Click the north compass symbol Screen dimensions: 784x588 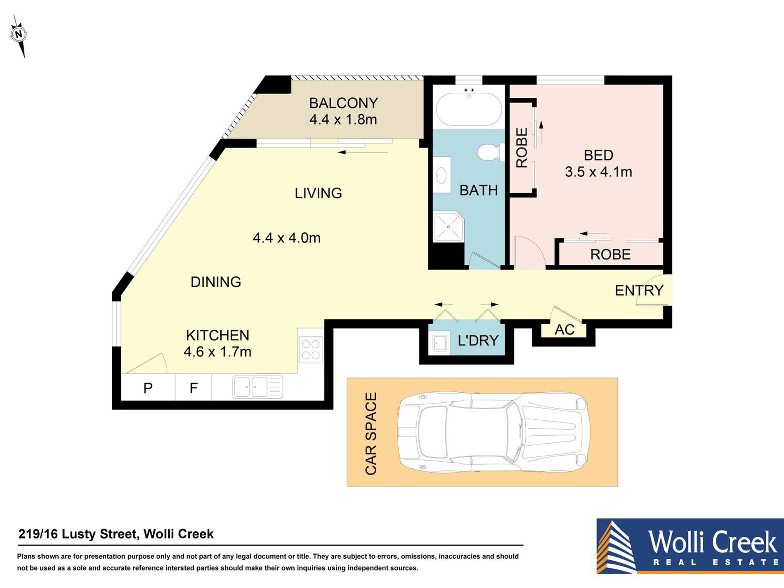(19, 35)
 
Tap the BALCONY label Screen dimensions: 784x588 (343, 103)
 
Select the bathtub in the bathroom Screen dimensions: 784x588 (469, 109)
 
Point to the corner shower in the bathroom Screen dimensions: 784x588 (449, 227)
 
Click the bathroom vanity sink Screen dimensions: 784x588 (442, 175)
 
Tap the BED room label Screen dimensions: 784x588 (598, 155)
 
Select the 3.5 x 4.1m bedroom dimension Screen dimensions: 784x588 (598, 172)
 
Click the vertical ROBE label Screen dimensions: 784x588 (522, 148)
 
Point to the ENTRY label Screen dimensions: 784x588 (639, 290)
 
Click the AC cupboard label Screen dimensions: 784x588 (564, 330)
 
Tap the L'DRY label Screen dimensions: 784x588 (478, 340)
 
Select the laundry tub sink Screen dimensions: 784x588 (440, 342)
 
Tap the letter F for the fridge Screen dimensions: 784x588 (194, 388)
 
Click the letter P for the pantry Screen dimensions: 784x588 (148, 388)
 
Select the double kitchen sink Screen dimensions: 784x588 (257, 387)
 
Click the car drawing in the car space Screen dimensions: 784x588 (493, 432)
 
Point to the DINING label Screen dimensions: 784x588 (216, 282)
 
